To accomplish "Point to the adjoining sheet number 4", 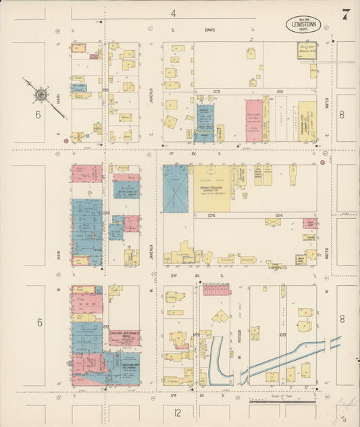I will tap(174, 13).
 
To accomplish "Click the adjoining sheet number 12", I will tap(176, 411).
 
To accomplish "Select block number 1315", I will tap(280, 91).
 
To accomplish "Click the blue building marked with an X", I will tap(175, 189).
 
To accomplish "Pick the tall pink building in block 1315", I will tap(254, 120).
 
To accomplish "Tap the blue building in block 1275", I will tap(205, 122).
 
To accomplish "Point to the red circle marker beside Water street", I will tap(323, 162).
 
